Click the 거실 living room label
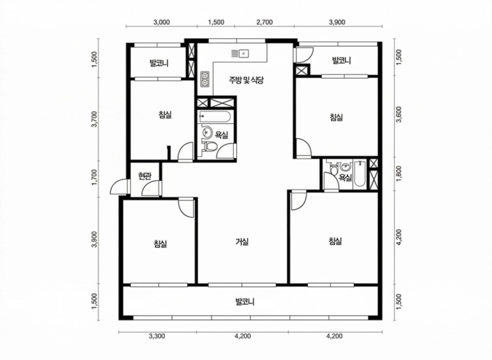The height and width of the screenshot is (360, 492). click(242, 242)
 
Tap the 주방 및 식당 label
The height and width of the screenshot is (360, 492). click(245, 80)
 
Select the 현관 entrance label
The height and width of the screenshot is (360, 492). click(145, 176)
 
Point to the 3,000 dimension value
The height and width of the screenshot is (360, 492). click(162, 22)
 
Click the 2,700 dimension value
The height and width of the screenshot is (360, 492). click(264, 22)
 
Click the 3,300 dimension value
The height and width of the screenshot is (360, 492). click(157, 337)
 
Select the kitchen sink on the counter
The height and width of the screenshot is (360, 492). click(240, 54)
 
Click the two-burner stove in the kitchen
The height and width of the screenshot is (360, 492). click(205, 79)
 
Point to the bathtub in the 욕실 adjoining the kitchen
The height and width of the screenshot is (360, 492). click(215, 117)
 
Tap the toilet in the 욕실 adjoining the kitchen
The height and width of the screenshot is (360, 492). click(210, 147)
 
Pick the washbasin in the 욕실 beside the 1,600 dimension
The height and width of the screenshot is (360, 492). click(346, 166)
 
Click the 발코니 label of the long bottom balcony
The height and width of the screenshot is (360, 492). click(245, 302)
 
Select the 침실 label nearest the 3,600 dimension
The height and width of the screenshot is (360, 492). click(336, 118)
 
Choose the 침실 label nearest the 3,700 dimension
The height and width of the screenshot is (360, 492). click(165, 114)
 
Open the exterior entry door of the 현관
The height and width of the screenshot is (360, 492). click(120, 187)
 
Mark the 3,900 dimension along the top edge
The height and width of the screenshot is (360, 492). click(337, 22)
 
